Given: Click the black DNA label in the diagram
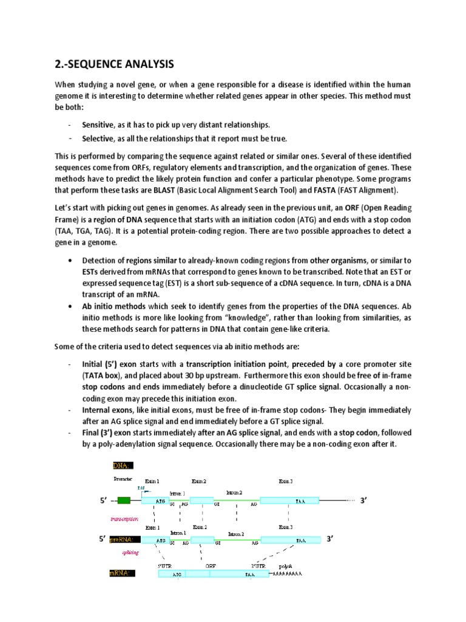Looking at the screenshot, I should pyautogui.click(x=122, y=465).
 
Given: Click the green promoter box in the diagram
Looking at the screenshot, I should pyautogui.click(x=124, y=501).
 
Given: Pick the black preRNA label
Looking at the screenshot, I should pyautogui.click(x=124, y=539).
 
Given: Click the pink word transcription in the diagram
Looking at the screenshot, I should pyautogui.click(x=125, y=519).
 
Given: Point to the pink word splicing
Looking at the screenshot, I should pyautogui.click(x=131, y=552).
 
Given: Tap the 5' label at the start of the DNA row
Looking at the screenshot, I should pyautogui.click(x=103, y=501).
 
